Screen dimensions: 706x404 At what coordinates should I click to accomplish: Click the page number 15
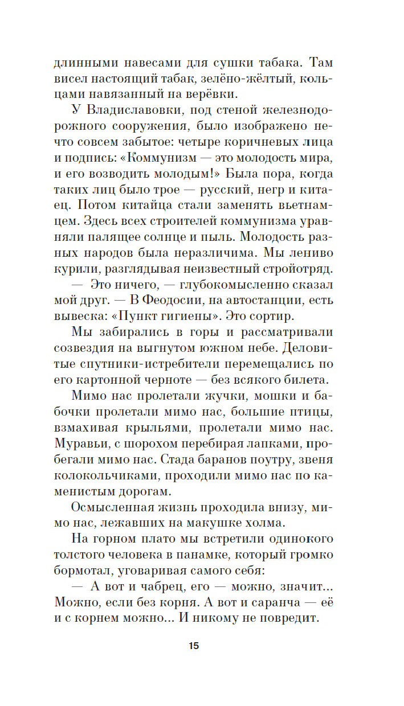pyautogui.click(x=193, y=646)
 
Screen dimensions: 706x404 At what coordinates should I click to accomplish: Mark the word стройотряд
pyautogui.click(x=300, y=267)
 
